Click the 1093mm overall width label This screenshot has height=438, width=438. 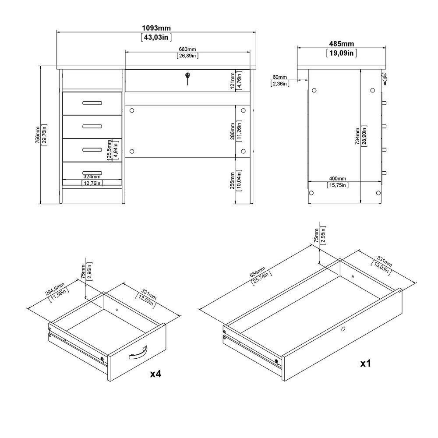pyautogui.click(x=156, y=28)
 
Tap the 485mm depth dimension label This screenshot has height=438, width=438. pyautogui.click(x=341, y=44)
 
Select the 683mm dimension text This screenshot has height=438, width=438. pyautogui.click(x=187, y=49)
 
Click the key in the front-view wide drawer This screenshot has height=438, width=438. pyautogui.click(x=187, y=78)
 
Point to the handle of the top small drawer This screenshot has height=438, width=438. pyautogui.click(x=92, y=103)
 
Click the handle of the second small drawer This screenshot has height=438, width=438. pyautogui.click(x=92, y=127)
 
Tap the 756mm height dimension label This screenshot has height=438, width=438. pyautogui.click(x=37, y=135)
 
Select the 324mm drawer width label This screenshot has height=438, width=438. pyautogui.click(x=92, y=177)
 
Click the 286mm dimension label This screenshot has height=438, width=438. pyautogui.click(x=233, y=131)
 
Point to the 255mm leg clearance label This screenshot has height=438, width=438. pyautogui.click(x=233, y=180)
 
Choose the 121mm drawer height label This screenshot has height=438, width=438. pyautogui.click(x=233, y=81)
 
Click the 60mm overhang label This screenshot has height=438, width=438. pyautogui.click(x=279, y=77)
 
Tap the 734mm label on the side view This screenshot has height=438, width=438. pyautogui.click(x=357, y=136)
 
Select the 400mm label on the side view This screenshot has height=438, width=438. pyautogui.click(x=337, y=179)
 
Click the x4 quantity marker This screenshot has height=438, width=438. pyautogui.click(x=155, y=374)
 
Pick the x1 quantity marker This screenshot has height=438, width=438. pyautogui.click(x=365, y=364)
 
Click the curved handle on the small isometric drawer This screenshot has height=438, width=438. pyautogui.click(x=138, y=352)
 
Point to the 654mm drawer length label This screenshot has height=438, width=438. pyautogui.click(x=257, y=272)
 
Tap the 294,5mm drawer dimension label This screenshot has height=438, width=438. pyautogui.click(x=55, y=289)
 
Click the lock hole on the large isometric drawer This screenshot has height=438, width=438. pyautogui.click(x=343, y=329)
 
